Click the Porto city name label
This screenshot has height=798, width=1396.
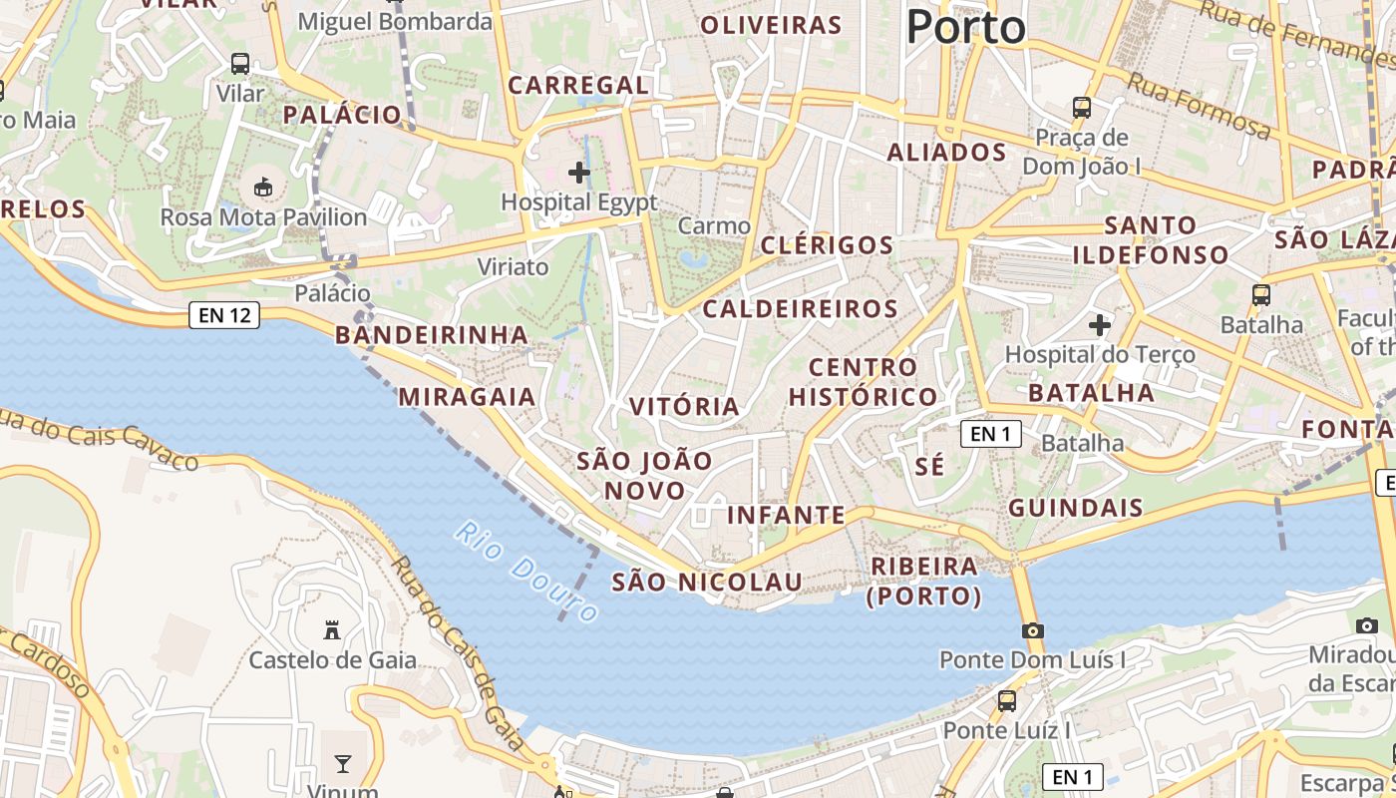(965, 26)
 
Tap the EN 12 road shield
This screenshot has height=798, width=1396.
(224, 316)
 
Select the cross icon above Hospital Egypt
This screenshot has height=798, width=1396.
(579, 173)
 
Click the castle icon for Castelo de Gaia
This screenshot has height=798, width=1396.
(332, 629)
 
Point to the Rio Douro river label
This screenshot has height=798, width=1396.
(527, 571)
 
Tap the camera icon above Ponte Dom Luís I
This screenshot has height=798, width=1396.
(1033, 630)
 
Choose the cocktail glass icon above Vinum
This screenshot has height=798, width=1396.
(343, 764)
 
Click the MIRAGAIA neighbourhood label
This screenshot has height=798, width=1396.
(467, 397)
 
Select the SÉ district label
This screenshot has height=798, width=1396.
(929, 466)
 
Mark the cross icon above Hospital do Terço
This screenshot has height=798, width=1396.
(1100, 325)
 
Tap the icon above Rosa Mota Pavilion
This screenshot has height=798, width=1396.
(263, 187)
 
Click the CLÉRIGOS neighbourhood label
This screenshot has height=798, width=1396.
(827, 245)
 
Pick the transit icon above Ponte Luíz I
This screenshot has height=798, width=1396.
(1007, 700)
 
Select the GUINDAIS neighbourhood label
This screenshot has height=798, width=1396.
(1076, 508)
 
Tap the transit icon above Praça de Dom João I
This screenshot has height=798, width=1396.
(1082, 107)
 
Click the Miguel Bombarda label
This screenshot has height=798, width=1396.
(395, 21)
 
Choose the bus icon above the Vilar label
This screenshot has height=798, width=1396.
(240, 64)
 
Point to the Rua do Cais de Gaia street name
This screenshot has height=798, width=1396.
(457, 652)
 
